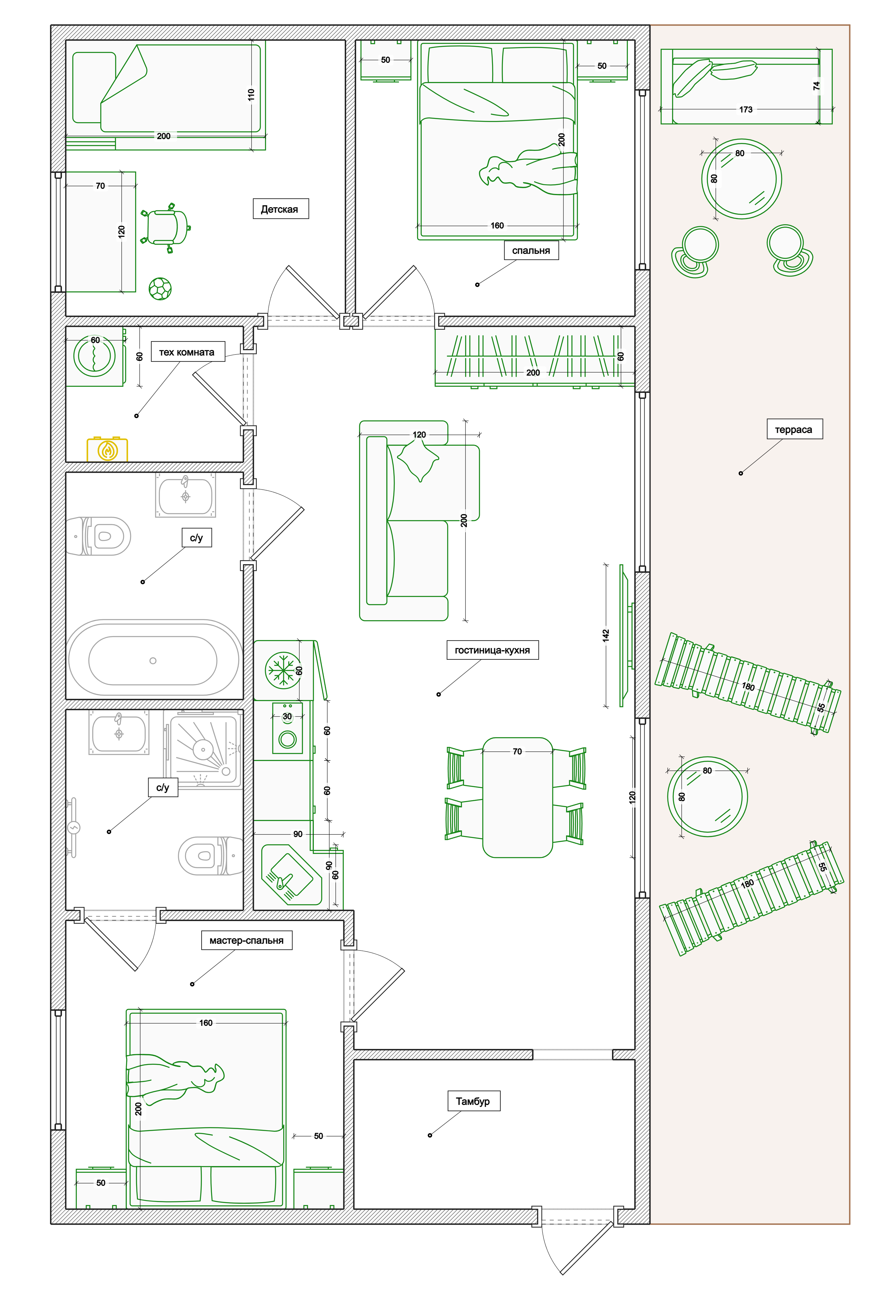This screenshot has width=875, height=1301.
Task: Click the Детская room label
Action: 280,209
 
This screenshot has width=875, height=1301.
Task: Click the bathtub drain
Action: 153,661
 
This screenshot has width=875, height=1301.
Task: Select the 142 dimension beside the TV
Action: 606,635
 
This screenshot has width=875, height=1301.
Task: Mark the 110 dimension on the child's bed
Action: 251,94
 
